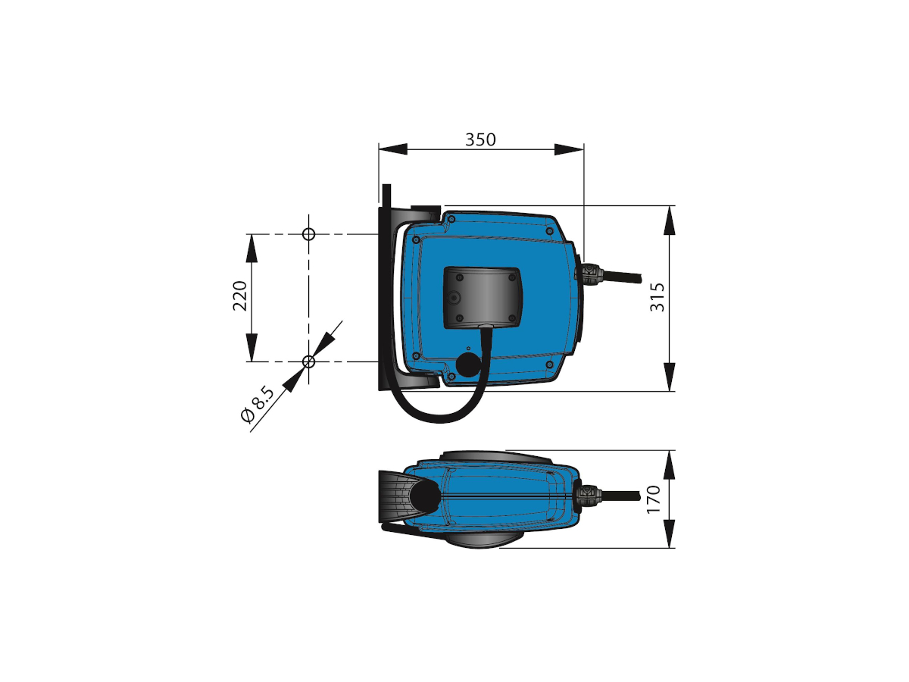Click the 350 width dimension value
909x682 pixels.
click(480, 140)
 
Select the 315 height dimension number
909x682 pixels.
click(657, 297)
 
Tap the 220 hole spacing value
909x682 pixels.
click(240, 296)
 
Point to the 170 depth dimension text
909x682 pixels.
click(654, 499)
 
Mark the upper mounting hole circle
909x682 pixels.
click(308, 233)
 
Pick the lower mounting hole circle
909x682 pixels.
click(308, 361)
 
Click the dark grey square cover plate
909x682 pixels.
click(481, 296)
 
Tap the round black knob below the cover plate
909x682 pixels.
click(469, 365)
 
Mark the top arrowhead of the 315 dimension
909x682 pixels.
click(670, 220)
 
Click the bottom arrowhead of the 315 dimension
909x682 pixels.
click(670, 377)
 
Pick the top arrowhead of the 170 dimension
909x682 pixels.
click(670, 464)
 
